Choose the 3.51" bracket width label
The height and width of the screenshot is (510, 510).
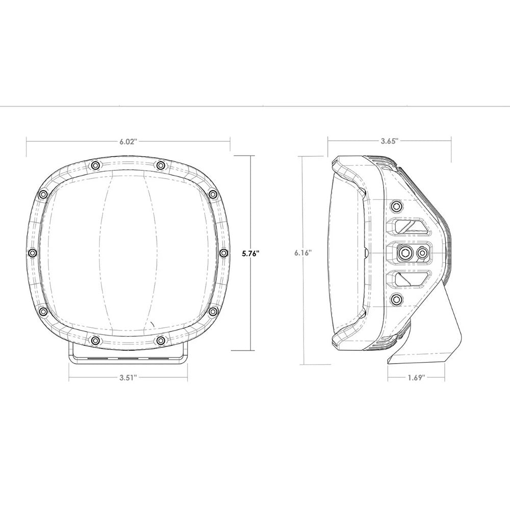[128, 378]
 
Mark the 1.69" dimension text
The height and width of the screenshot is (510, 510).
[416, 378]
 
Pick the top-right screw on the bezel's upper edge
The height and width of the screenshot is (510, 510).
[161, 165]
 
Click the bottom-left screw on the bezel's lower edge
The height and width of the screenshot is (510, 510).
[95, 339]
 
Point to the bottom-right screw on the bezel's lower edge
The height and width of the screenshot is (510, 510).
[161, 339]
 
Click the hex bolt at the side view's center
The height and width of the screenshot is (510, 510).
[406, 252]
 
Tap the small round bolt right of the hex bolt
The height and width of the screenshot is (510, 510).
[422, 252]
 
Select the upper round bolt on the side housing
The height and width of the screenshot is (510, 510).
[396, 206]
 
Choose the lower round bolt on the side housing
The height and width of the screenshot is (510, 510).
[396, 299]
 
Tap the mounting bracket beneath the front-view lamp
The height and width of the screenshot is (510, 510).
[128, 354]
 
